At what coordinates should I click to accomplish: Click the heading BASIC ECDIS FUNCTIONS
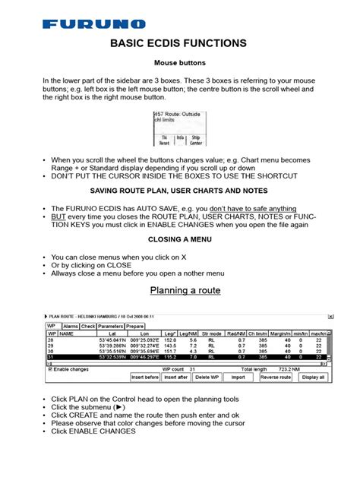click(x=180, y=44)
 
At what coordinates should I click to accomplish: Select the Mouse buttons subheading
click(x=180, y=65)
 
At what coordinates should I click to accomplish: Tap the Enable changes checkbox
click(x=49, y=368)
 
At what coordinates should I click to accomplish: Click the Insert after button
click(x=176, y=376)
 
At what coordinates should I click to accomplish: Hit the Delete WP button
click(x=207, y=376)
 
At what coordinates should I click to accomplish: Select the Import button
click(x=238, y=376)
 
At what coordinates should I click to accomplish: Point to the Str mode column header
click(x=213, y=333)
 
